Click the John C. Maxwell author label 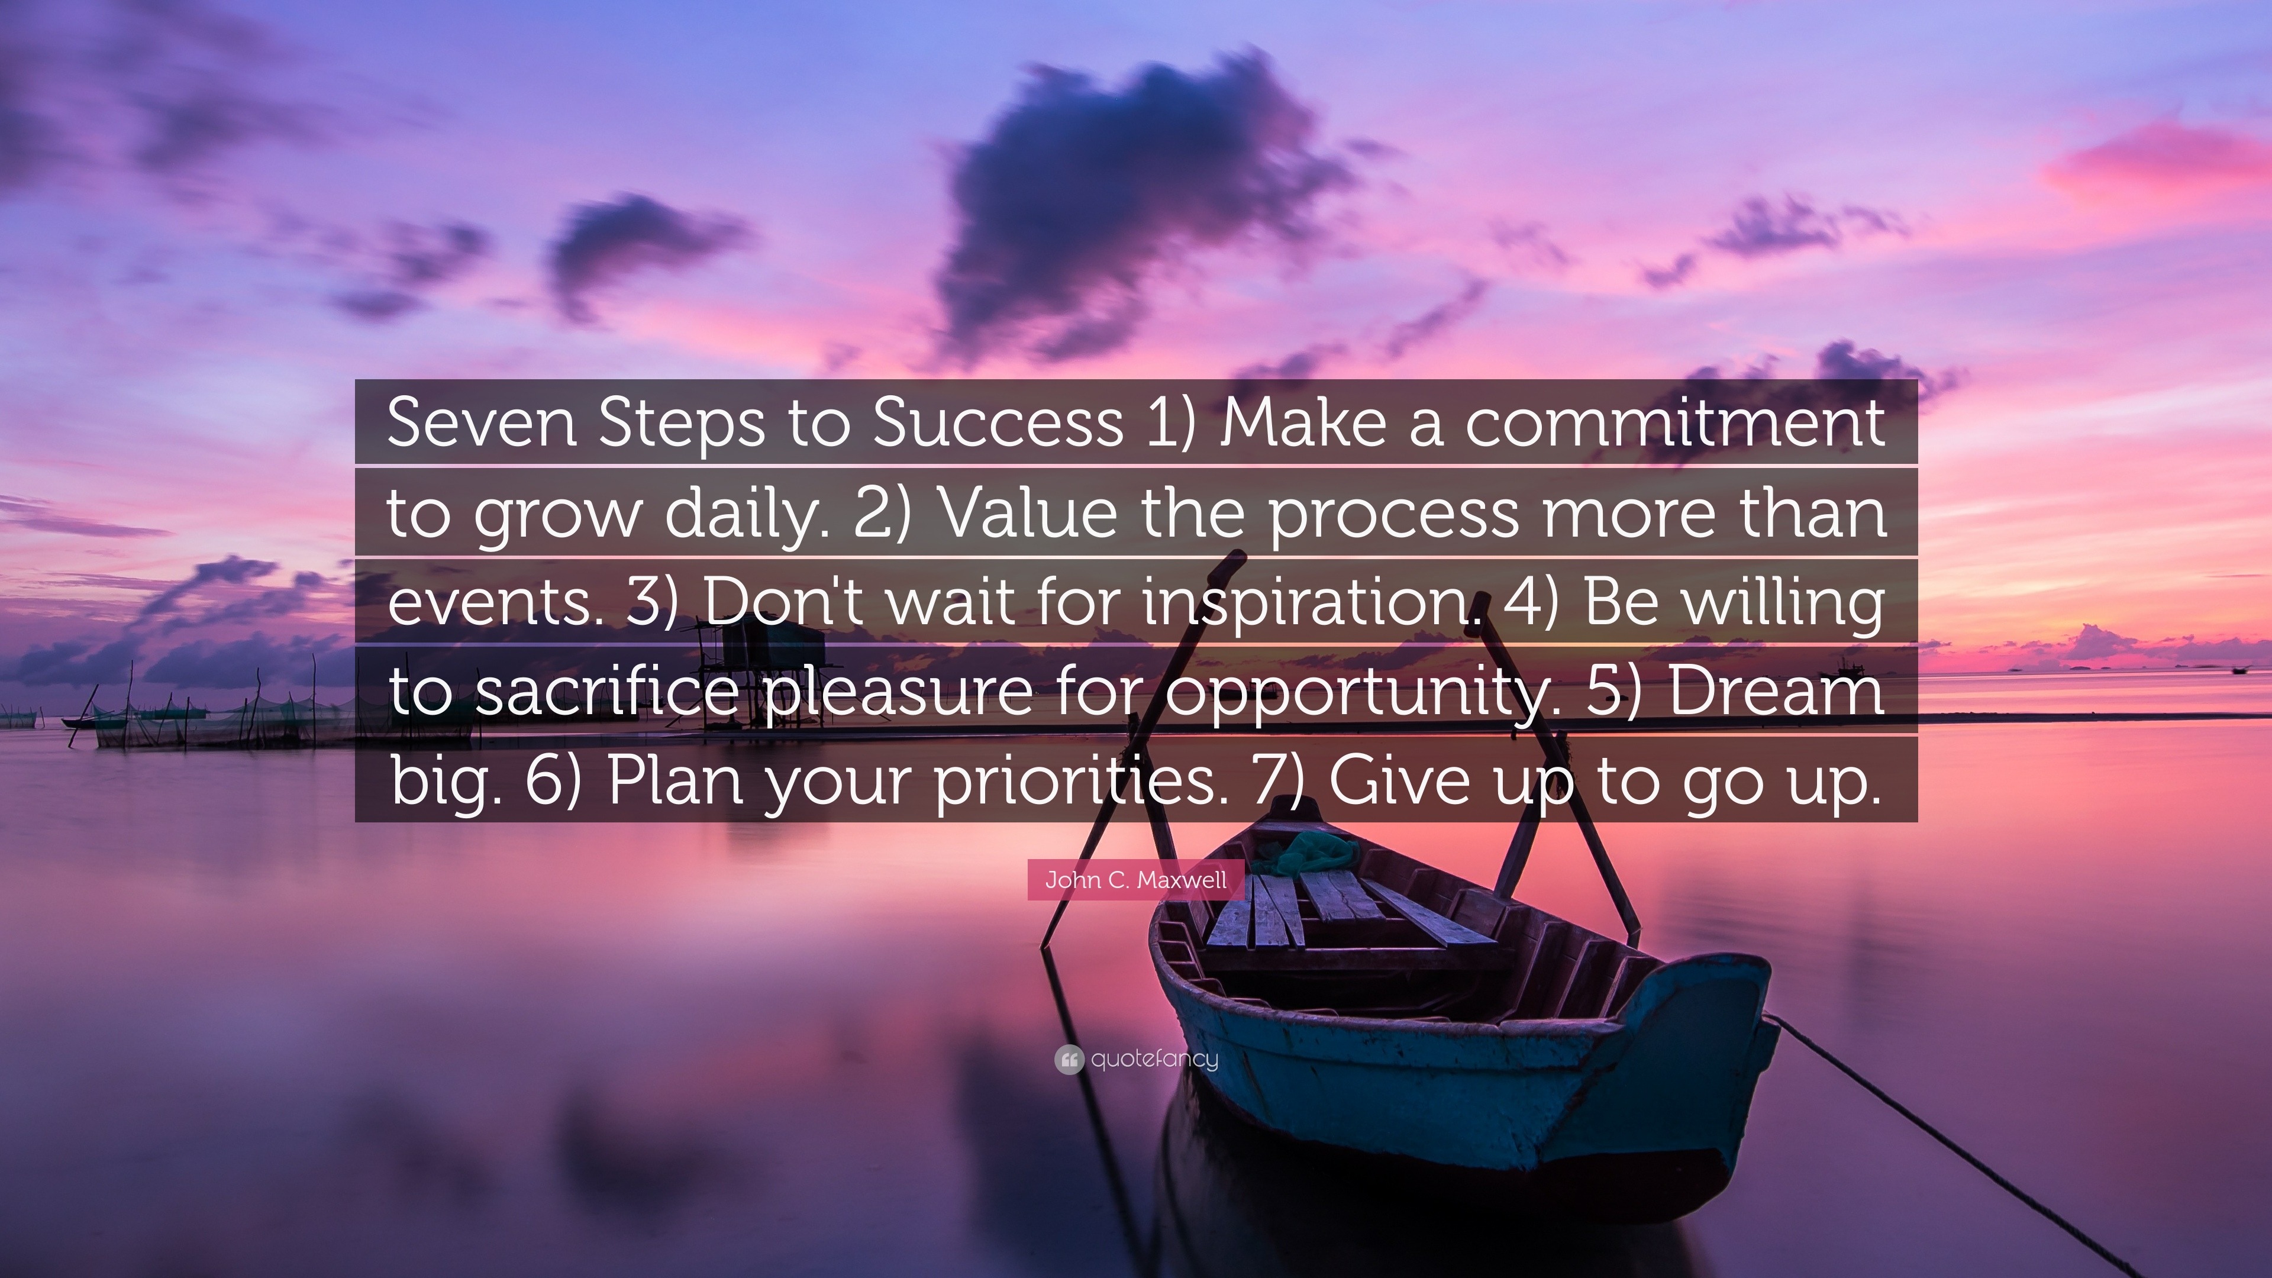click(1135, 880)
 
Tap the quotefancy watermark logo click(1136, 1059)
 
